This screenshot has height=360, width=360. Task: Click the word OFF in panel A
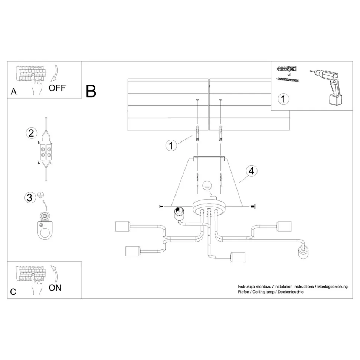pos(57,88)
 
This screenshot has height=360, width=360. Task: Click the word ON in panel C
pos(55,287)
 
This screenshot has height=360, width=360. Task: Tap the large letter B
pos(91,91)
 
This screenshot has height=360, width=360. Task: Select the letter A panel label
pos(14,91)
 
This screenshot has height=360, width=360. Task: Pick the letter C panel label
pos(13,292)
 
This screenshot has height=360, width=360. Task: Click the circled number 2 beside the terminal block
pos(31,132)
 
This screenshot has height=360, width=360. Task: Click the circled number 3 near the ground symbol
pos(30,197)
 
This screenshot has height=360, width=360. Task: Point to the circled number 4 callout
pos(251,171)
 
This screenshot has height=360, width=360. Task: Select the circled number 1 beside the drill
pos(284,99)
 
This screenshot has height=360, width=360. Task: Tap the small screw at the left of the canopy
pos(161,206)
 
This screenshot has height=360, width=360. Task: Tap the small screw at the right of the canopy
pos(253,206)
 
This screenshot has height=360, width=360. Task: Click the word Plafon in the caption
pos(244,292)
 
